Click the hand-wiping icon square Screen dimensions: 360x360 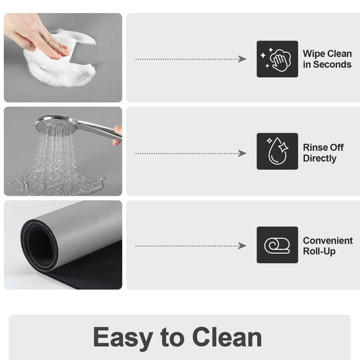tap(278, 59)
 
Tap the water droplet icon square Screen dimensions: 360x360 tap(278, 151)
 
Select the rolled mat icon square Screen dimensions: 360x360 tap(278, 245)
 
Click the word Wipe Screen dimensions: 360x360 tap(313, 54)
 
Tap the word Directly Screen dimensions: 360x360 tap(320, 158)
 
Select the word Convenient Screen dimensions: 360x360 tap(328, 241)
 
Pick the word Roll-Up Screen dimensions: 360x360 tap(319, 251)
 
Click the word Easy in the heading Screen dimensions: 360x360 tap(123, 337)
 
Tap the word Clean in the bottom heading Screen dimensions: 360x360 tap(227, 336)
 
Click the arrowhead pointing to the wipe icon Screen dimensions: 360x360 tap(242, 59)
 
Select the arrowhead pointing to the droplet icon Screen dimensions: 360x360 tap(242, 153)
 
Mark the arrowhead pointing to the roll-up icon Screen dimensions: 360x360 tap(242, 246)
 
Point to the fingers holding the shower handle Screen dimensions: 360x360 tap(118, 135)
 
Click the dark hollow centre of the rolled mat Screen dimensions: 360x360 tap(41, 245)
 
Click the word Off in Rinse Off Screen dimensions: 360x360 tap(336, 148)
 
